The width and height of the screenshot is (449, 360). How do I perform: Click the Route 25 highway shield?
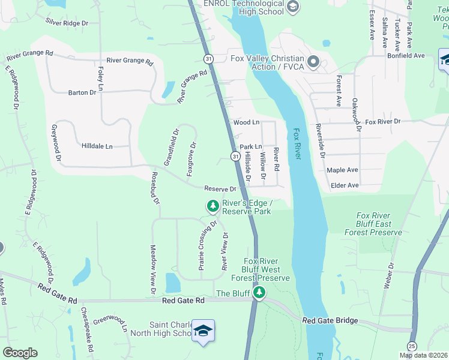[412, 346]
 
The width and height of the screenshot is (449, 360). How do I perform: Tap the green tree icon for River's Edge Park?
[212, 206]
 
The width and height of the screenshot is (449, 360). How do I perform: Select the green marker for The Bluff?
[259, 293]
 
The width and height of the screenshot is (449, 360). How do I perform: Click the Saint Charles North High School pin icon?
[203, 331]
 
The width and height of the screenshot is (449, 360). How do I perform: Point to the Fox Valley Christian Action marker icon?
[313, 62]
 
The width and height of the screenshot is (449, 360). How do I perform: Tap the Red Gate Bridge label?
[327, 321]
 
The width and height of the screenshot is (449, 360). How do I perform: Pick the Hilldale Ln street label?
[97, 146]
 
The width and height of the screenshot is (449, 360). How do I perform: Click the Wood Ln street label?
[246, 122]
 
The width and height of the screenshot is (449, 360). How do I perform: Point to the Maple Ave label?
[342, 170]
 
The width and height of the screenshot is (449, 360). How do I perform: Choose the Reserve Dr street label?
[220, 188]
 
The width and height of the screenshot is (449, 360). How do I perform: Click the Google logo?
[20, 352]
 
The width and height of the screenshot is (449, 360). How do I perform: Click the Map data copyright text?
[424, 355]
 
